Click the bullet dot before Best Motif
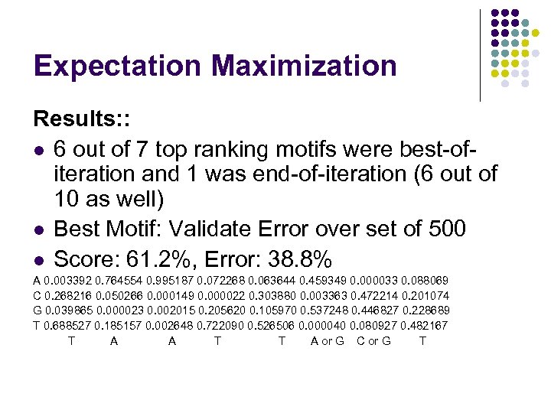click(40, 229)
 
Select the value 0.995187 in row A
click(171, 281)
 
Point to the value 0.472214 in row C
click(377, 296)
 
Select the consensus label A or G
click(327, 340)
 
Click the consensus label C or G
click(373, 340)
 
